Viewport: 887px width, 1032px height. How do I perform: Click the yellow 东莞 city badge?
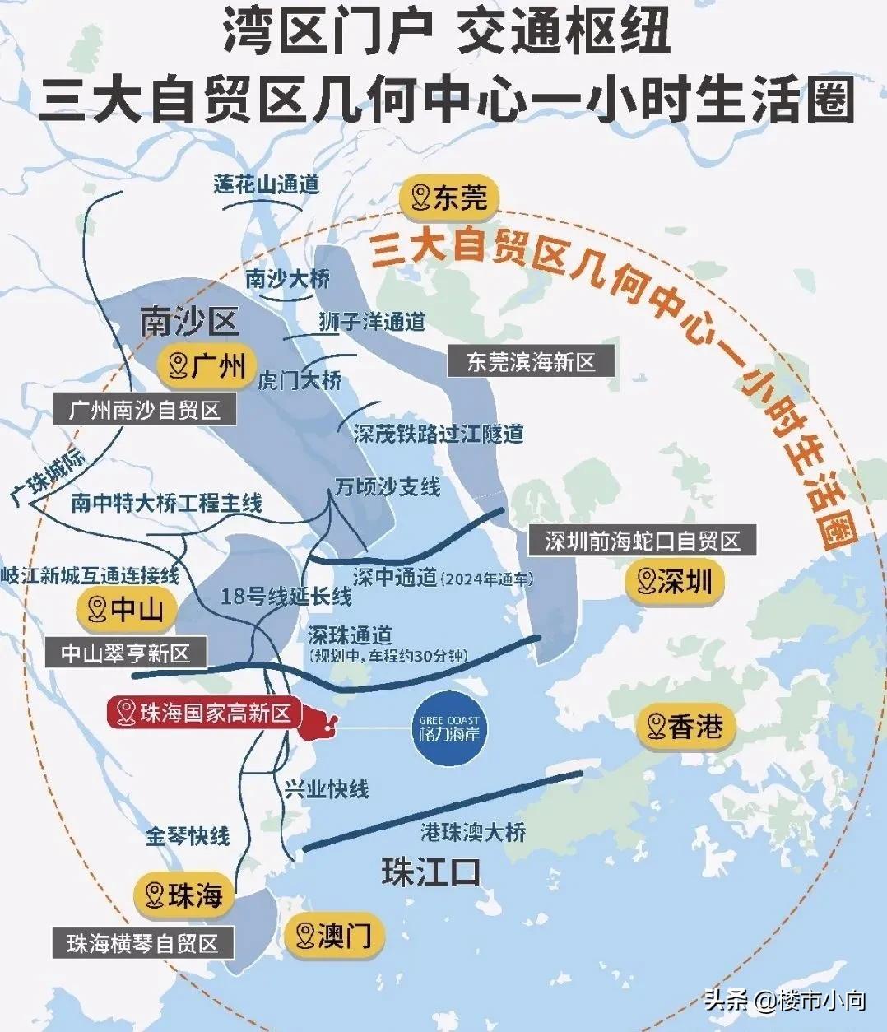coord(449,198)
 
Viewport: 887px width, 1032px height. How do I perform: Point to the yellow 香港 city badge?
coord(685,727)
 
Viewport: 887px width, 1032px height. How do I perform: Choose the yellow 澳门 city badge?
coord(334,935)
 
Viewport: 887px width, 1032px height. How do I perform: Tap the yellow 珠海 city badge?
coord(184,895)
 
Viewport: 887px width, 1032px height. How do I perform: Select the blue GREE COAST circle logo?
coord(448,728)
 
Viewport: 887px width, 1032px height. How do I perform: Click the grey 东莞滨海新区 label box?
coord(531,362)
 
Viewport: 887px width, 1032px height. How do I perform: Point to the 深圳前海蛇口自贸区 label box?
coord(642,541)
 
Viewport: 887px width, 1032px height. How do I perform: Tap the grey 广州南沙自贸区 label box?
coord(145,409)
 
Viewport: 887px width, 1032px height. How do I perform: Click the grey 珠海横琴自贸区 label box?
coord(142,943)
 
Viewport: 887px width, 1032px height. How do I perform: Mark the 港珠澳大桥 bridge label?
coord(473,832)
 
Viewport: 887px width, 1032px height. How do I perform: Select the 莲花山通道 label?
coord(267,184)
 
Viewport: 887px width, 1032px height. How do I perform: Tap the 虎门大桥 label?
coord(300,381)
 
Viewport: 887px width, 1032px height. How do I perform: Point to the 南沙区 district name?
coord(188,322)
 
